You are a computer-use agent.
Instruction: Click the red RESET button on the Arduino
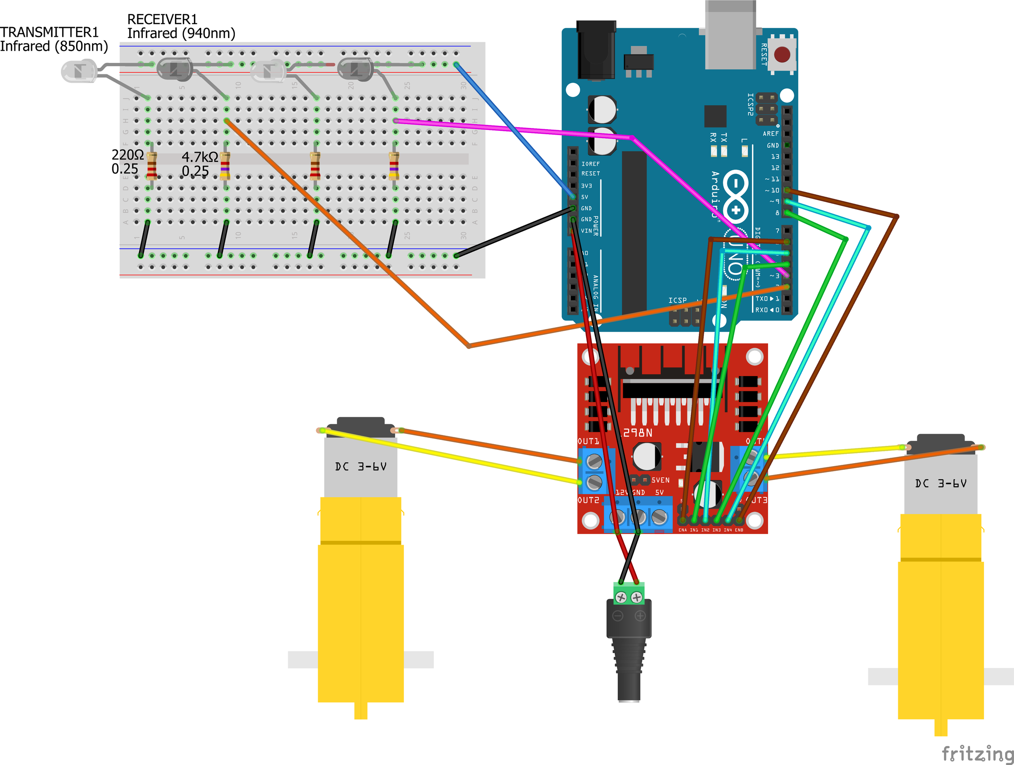[x=782, y=54]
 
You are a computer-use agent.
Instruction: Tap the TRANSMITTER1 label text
[x=49, y=32]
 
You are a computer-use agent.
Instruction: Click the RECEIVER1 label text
[x=162, y=19]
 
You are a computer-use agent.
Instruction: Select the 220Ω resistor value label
[x=127, y=155]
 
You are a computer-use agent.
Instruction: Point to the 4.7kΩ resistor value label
[x=199, y=157]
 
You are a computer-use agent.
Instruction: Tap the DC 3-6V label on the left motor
[x=361, y=467]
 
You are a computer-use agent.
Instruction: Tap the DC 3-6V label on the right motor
[x=940, y=483]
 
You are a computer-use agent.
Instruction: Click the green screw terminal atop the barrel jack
[x=629, y=594]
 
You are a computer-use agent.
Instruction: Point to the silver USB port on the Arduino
[x=730, y=37]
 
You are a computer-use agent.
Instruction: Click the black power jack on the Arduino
[x=595, y=50]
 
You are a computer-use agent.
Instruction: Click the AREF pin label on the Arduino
[x=770, y=134]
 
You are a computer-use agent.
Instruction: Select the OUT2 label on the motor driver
[x=588, y=500]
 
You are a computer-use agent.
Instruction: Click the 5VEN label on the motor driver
[x=660, y=480]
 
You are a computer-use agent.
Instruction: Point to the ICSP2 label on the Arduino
[x=750, y=104]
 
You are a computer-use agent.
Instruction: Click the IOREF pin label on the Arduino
[x=590, y=163]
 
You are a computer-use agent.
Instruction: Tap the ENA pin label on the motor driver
[x=683, y=530]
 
